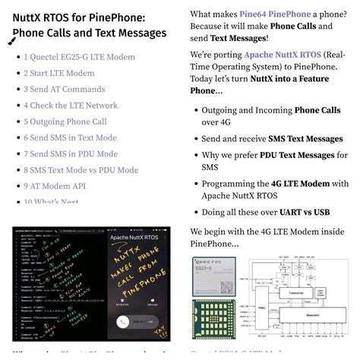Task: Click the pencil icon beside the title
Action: [11, 42]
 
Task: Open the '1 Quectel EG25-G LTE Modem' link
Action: [79, 57]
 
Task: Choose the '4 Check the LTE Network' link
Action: [71, 106]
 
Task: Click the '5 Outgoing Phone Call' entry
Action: [65, 122]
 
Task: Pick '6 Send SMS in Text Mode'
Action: [70, 137]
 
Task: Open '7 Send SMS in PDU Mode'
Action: [70, 154]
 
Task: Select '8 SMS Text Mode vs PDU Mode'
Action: [81, 170]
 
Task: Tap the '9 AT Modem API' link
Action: [54, 186]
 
